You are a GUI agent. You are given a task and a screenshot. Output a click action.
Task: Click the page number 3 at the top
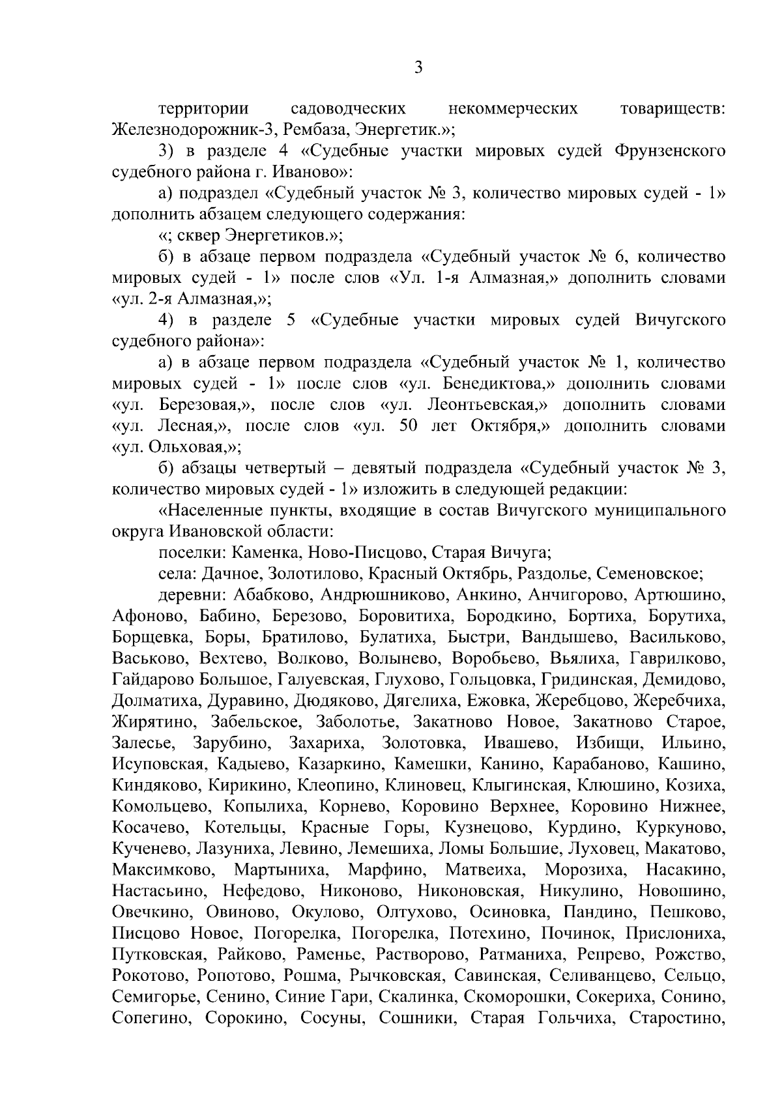418,68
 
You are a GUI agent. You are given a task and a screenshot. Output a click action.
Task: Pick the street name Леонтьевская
486,405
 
